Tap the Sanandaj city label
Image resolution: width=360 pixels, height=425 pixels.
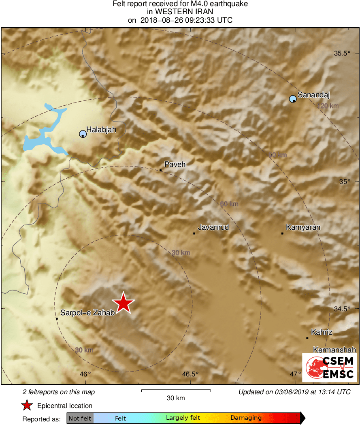(x=314, y=96)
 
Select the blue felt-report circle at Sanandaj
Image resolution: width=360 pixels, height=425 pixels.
(x=293, y=99)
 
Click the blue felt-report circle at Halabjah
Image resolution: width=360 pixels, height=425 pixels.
(x=83, y=134)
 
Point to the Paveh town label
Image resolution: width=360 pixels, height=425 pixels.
(x=175, y=164)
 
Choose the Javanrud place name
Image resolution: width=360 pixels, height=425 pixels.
(x=213, y=228)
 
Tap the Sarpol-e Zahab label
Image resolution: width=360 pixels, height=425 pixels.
(x=87, y=313)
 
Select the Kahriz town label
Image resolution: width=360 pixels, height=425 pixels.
(x=322, y=332)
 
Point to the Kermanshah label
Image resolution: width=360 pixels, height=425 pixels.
(x=334, y=350)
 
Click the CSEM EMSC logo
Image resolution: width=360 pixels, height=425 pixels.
(x=329, y=367)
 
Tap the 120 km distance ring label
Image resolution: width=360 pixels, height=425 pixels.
(x=328, y=106)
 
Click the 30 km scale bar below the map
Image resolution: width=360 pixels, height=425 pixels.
(x=176, y=391)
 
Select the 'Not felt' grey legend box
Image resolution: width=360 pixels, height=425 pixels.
(x=80, y=418)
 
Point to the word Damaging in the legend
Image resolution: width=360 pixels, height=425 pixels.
(x=246, y=418)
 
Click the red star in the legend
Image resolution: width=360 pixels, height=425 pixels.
(x=27, y=405)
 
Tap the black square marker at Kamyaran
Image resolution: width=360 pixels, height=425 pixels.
(x=282, y=233)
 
